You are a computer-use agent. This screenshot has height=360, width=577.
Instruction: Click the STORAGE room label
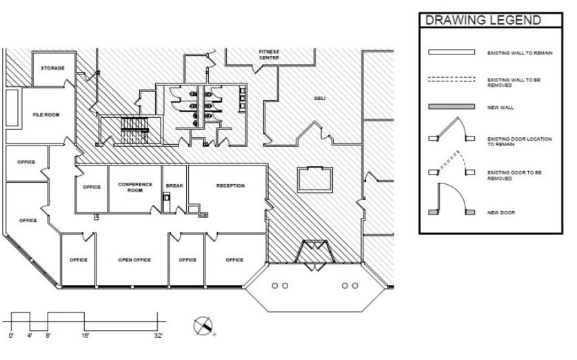[52, 68]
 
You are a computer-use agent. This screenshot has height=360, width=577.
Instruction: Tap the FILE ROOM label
[46, 115]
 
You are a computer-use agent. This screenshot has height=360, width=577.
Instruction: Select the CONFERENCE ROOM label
[135, 188]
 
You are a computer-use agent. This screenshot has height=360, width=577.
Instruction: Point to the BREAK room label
[174, 186]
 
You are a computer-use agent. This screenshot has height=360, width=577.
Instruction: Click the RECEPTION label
[230, 186]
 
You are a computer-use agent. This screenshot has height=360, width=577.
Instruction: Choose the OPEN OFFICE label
[134, 260]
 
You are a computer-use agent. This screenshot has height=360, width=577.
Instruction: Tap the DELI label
[320, 99]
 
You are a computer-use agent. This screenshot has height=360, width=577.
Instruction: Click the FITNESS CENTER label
[269, 55]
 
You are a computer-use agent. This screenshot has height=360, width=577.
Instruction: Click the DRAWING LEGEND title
[483, 20]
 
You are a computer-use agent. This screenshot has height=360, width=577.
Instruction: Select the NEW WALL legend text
[500, 108]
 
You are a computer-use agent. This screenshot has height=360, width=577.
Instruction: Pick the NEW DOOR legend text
[501, 213]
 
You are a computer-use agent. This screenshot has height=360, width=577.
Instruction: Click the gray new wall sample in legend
[452, 107]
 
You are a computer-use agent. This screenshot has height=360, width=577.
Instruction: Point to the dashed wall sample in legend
[452, 79]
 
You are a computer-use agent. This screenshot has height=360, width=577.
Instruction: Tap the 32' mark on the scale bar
[159, 336]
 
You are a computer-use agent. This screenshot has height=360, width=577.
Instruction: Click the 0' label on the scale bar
[11, 336]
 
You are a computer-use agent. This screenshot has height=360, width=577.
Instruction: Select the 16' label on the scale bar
[85, 336]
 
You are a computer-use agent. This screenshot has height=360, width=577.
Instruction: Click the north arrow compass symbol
[203, 326]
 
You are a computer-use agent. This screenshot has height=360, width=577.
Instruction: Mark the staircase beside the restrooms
[134, 130]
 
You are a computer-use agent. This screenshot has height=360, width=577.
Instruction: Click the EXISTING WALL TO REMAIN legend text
[520, 53]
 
